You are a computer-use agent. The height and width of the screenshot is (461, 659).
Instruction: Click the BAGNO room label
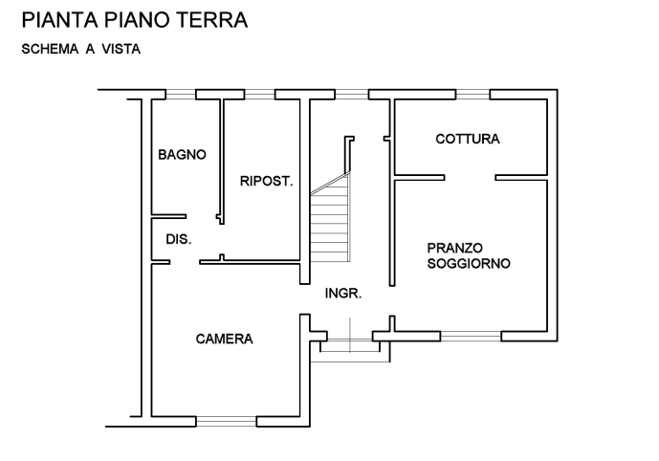[182, 155]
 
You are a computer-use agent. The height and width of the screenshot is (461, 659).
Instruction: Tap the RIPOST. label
[267, 181]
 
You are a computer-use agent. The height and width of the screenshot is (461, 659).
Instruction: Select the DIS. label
[179, 239]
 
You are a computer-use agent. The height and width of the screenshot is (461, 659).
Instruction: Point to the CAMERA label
[225, 339]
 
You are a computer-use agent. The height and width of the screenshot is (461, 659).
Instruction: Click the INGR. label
[343, 294]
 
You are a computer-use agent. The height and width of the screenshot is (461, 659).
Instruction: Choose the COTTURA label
[468, 139]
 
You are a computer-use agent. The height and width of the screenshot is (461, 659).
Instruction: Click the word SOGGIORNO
[469, 263]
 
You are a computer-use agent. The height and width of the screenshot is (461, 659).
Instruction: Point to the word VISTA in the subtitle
[121, 49]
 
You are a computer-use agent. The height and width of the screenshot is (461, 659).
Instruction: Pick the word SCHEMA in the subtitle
[50, 49]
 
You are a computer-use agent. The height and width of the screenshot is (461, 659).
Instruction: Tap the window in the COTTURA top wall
[472, 95]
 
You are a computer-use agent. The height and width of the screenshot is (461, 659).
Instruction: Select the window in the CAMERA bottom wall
[226, 422]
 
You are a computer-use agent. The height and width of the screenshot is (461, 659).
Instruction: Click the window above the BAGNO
[181, 95]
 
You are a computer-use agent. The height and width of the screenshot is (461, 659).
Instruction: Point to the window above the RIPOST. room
[260, 95]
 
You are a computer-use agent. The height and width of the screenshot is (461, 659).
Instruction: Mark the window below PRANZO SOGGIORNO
[471, 337]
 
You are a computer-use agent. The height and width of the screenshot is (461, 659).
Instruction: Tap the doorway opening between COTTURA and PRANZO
[470, 178]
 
